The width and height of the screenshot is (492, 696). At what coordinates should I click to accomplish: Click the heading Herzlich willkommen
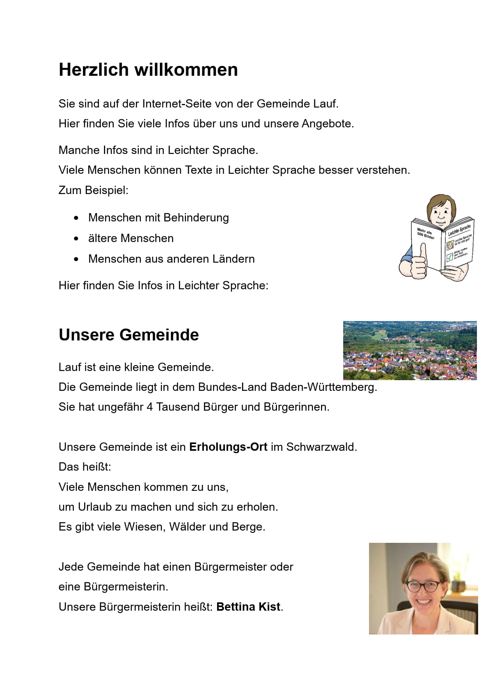[x=148, y=70]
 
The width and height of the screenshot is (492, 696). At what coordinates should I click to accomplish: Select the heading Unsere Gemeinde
[x=129, y=335]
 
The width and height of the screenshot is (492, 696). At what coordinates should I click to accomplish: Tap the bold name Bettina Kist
[x=248, y=607]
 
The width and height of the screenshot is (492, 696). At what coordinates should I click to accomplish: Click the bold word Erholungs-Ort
[x=228, y=447]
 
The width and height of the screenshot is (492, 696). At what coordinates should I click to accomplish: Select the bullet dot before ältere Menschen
[x=76, y=238]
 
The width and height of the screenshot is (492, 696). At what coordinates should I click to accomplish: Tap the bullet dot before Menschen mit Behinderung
[x=76, y=218]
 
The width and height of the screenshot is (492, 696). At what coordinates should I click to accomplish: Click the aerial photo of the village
[x=409, y=350]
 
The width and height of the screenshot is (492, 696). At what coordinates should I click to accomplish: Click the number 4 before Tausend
[x=150, y=407]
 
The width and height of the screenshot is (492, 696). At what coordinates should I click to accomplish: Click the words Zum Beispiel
[x=93, y=190]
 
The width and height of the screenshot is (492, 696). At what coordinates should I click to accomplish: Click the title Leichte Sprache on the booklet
[x=459, y=230]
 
